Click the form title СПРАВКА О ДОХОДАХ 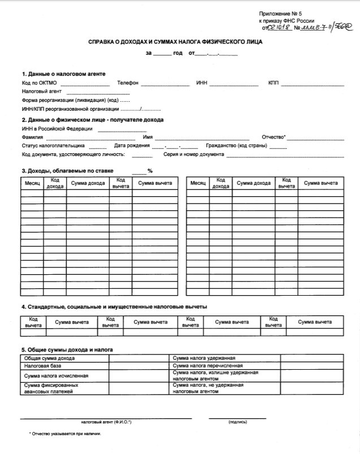(x=175, y=42)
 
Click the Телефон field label (x=128, y=84)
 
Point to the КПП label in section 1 (x=274, y=84)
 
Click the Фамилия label (x=32, y=137)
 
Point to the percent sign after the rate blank (x=150, y=171)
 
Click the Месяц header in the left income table (x=32, y=184)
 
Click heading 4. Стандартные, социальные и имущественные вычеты (x=114, y=306)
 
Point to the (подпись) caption (x=237, y=422)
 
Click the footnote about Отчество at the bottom (x=65, y=434)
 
